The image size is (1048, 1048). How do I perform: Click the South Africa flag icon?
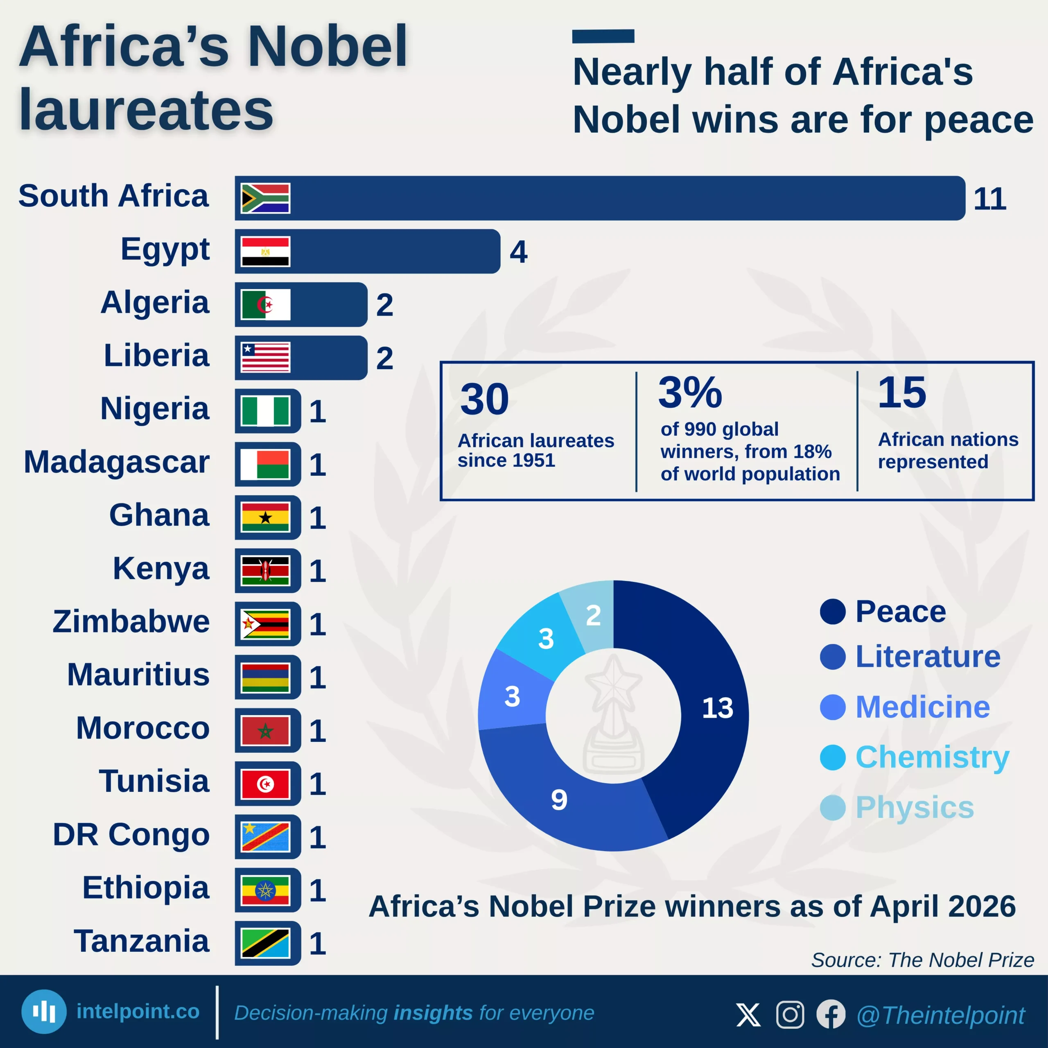pos(265,198)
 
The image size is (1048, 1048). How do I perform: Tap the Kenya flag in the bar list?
pos(265,571)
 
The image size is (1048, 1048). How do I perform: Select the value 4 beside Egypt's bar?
pos(518,252)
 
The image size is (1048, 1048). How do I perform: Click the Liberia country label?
pos(156,356)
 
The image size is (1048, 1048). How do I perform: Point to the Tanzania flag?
pos(265,943)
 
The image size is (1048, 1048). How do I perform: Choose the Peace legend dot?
pos(833,612)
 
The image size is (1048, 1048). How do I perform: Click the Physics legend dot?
pos(833,808)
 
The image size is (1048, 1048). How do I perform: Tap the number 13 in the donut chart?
pos(717,708)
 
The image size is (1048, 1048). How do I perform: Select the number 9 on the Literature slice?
pos(559,800)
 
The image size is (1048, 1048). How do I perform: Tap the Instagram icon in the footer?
pos(790,1014)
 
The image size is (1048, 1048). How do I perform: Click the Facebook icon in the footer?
pos(831,1014)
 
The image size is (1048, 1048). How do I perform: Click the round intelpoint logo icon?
pos(44,1011)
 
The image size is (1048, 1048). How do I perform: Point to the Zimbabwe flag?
pos(265,624)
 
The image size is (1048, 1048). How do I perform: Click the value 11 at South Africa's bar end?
pos(989,199)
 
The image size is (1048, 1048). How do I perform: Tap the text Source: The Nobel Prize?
pos(922,960)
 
